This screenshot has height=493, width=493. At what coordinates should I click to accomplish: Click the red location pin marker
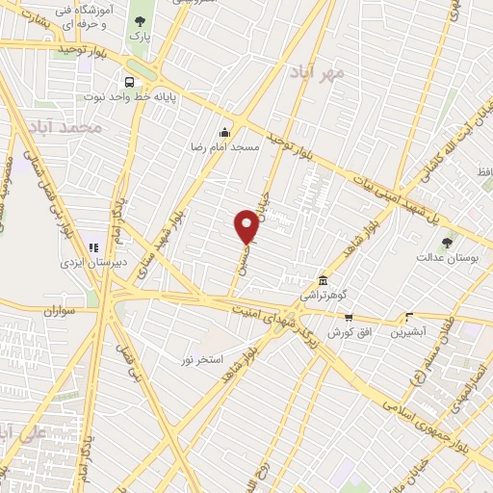(246, 227)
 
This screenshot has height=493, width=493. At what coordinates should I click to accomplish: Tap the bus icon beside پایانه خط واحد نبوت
(128, 82)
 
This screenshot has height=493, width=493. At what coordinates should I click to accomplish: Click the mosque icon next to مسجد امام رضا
(225, 132)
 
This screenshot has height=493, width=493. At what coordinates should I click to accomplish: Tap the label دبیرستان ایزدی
(86, 263)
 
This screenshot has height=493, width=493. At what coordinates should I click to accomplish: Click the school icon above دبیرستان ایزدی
(94, 247)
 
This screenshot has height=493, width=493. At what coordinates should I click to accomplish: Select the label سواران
(59, 312)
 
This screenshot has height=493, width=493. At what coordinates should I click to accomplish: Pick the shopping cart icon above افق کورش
(349, 318)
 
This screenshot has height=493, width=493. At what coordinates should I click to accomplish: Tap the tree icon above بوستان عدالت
(446, 243)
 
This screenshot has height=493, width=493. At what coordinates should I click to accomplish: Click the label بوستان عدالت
(442, 258)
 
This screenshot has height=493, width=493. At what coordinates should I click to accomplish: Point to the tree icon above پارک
(142, 21)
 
